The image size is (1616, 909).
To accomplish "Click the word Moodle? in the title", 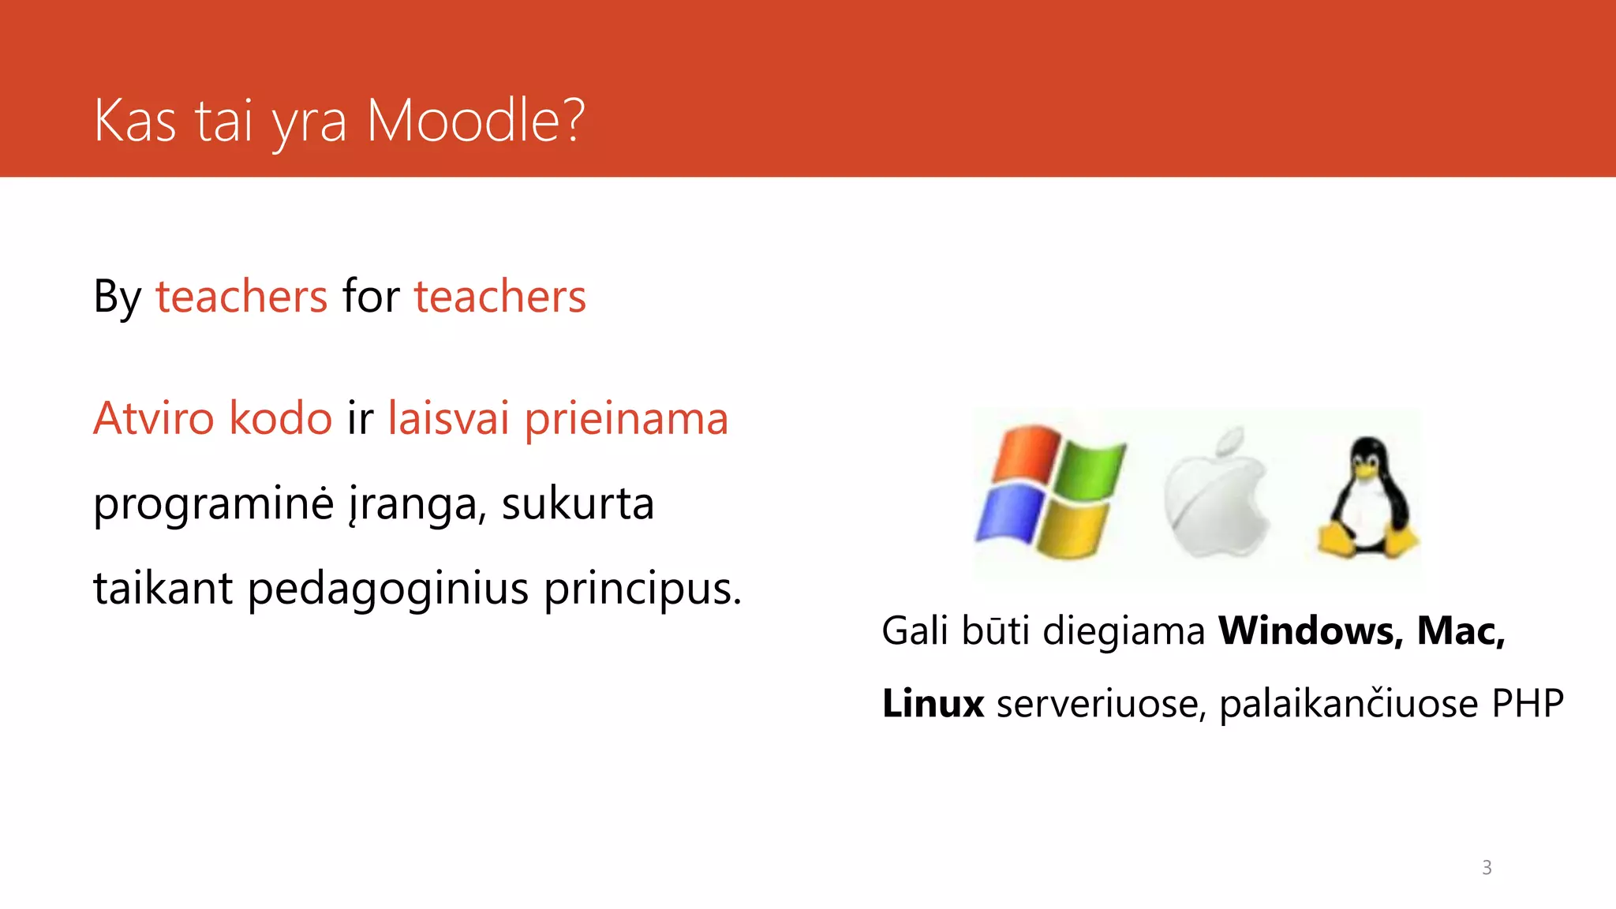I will click(475, 122).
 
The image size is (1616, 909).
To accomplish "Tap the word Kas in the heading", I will click(134, 122).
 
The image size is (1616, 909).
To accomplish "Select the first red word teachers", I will click(241, 297).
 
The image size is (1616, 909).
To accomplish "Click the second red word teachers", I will click(500, 297).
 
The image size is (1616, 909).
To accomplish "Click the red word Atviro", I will click(153, 418).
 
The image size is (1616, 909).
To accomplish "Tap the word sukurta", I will click(578, 504).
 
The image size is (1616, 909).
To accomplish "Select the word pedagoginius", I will click(387, 589).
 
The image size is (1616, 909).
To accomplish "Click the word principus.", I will click(642, 589).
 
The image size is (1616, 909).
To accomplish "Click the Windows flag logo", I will click(1049, 492).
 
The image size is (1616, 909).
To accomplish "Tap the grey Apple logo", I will click(1216, 493).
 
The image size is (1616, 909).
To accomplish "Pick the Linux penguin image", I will click(1367, 497).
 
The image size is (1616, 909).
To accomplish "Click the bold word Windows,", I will click(1311, 631).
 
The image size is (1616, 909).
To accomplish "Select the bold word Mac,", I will click(1461, 631).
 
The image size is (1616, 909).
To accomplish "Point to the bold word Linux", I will click(933, 703).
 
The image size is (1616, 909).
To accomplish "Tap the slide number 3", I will click(1487, 867).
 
